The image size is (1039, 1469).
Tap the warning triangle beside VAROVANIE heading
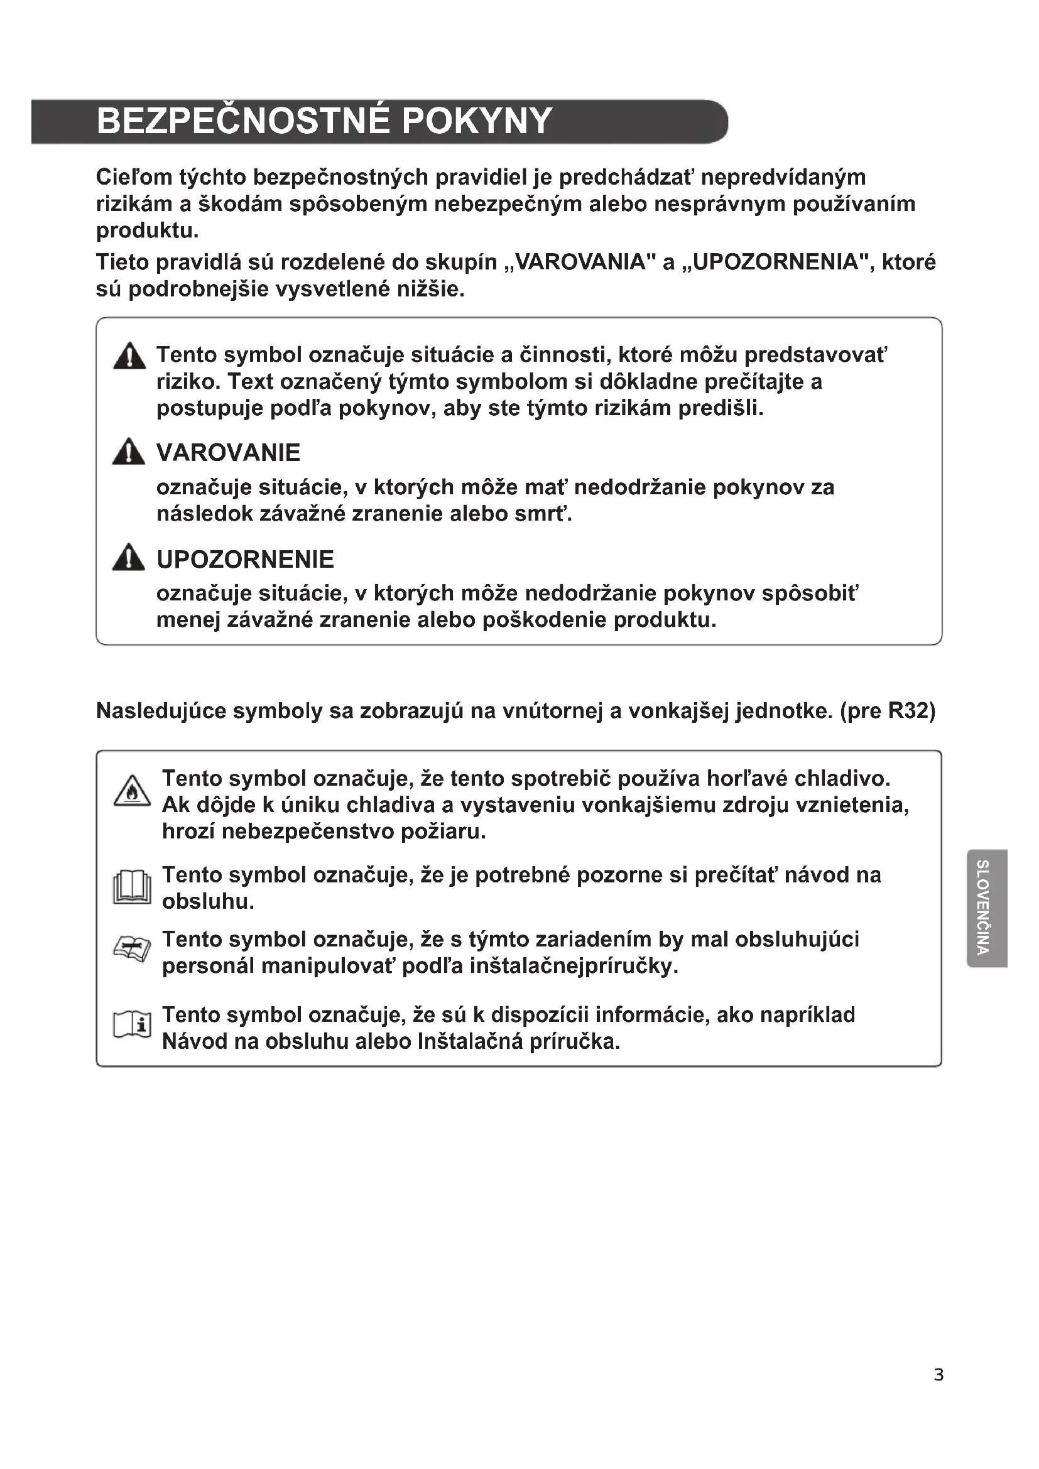pos(129,452)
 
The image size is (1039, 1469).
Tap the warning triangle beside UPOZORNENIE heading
pos(129,558)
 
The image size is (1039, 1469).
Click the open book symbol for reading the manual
pos(132,888)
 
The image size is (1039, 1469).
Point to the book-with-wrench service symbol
pos(132,948)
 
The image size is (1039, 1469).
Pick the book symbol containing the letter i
pos(132,1025)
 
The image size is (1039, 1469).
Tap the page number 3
pos(938,1374)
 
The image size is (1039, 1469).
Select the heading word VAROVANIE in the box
pos(228,453)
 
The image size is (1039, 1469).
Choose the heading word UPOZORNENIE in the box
pos(245,560)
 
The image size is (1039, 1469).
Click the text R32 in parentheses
pos(908,712)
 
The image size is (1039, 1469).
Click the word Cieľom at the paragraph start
pos(133,177)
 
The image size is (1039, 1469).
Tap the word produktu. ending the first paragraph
pos(147,231)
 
